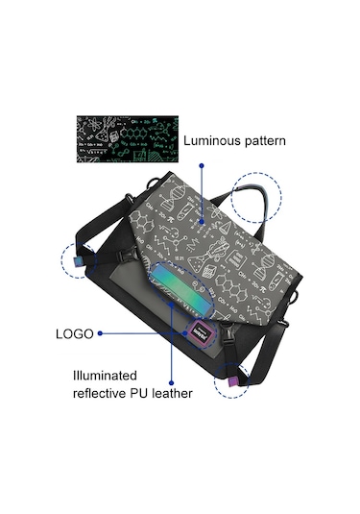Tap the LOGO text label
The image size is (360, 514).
coord(73,333)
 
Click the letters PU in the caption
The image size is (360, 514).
coord(145,393)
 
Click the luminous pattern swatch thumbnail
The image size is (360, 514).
coord(129,140)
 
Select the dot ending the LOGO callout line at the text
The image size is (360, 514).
coord(100,334)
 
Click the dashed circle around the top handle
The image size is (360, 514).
coord(256,200)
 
